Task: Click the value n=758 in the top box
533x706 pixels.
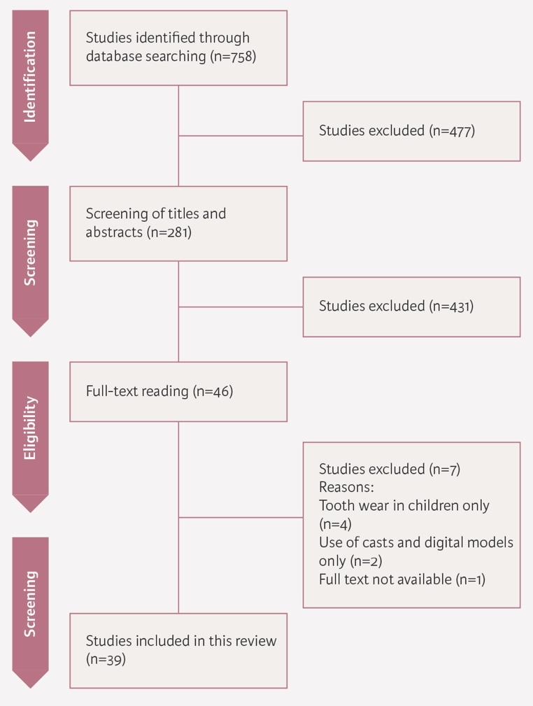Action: point(234,57)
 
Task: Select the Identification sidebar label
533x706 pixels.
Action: point(30,77)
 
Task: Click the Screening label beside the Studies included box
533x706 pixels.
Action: point(30,604)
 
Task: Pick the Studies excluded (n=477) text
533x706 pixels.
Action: point(397,131)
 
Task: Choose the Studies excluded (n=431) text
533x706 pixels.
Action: point(396,306)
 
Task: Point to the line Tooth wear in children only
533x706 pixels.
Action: point(404,505)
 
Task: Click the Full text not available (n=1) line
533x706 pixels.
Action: point(401,579)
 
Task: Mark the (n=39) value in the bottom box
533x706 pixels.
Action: point(106,658)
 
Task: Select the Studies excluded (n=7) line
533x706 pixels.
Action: point(389,469)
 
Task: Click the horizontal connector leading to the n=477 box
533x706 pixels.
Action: point(241,136)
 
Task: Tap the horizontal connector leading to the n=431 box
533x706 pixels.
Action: point(241,306)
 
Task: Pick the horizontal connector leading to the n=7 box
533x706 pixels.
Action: point(241,518)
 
